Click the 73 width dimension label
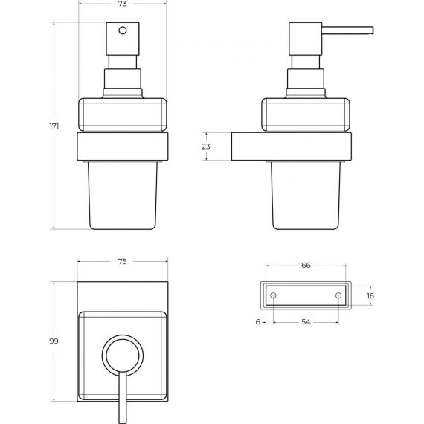click(x=123, y=4)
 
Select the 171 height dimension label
click(x=54, y=126)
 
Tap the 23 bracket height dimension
click(x=206, y=147)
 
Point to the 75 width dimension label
click(x=123, y=262)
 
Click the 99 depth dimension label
click(x=54, y=341)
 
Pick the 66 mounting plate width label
click(x=306, y=266)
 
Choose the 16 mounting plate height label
click(x=370, y=295)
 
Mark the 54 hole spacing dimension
click(x=306, y=322)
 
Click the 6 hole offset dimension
click(x=258, y=322)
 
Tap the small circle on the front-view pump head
click(x=123, y=30)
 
